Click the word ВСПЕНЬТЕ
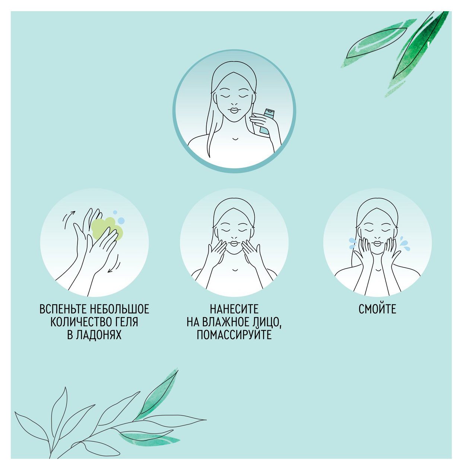pos(63,309)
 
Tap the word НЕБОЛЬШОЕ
pos(119,309)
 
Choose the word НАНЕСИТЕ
pos(234,309)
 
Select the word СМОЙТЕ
pos(377,309)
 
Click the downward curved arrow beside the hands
pos(114,264)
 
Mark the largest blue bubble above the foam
pos(121,221)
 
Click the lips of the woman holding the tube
pos(234,110)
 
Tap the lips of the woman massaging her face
pos(234,243)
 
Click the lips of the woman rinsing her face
pos(377,243)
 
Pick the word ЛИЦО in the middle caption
pos(267,322)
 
